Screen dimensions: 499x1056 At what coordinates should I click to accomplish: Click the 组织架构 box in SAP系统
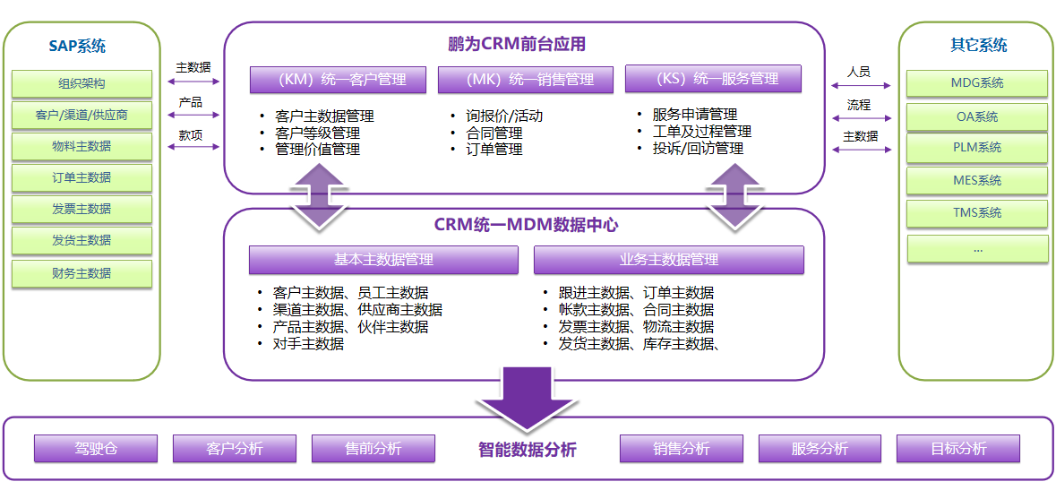click(82, 84)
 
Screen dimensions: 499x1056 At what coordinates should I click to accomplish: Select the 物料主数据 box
click(82, 147)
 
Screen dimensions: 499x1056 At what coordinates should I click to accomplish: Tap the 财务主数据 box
click(82, 273)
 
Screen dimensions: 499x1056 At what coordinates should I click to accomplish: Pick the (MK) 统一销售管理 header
click(525, 80)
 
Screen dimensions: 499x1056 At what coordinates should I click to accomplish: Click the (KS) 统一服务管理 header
click(713, 79)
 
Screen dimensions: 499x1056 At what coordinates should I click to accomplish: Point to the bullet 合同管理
click(494, 133)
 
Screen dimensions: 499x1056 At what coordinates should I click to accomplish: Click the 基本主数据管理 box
click(383, 260)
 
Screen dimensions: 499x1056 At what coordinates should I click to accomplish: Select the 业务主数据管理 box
click(668, 260)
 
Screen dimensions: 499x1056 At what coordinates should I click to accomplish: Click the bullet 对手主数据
click(308, 343)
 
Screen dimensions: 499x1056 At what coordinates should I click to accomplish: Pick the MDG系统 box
click(977, 83)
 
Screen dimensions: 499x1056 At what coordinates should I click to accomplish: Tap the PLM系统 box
click(977, 148)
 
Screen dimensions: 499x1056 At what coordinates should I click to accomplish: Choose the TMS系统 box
click(977, 213)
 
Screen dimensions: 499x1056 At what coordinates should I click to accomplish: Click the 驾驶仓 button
click(96, 449)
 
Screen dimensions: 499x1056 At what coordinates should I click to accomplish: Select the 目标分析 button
click(958, 449)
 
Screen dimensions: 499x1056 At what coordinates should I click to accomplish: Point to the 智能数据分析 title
click(528, 450)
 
